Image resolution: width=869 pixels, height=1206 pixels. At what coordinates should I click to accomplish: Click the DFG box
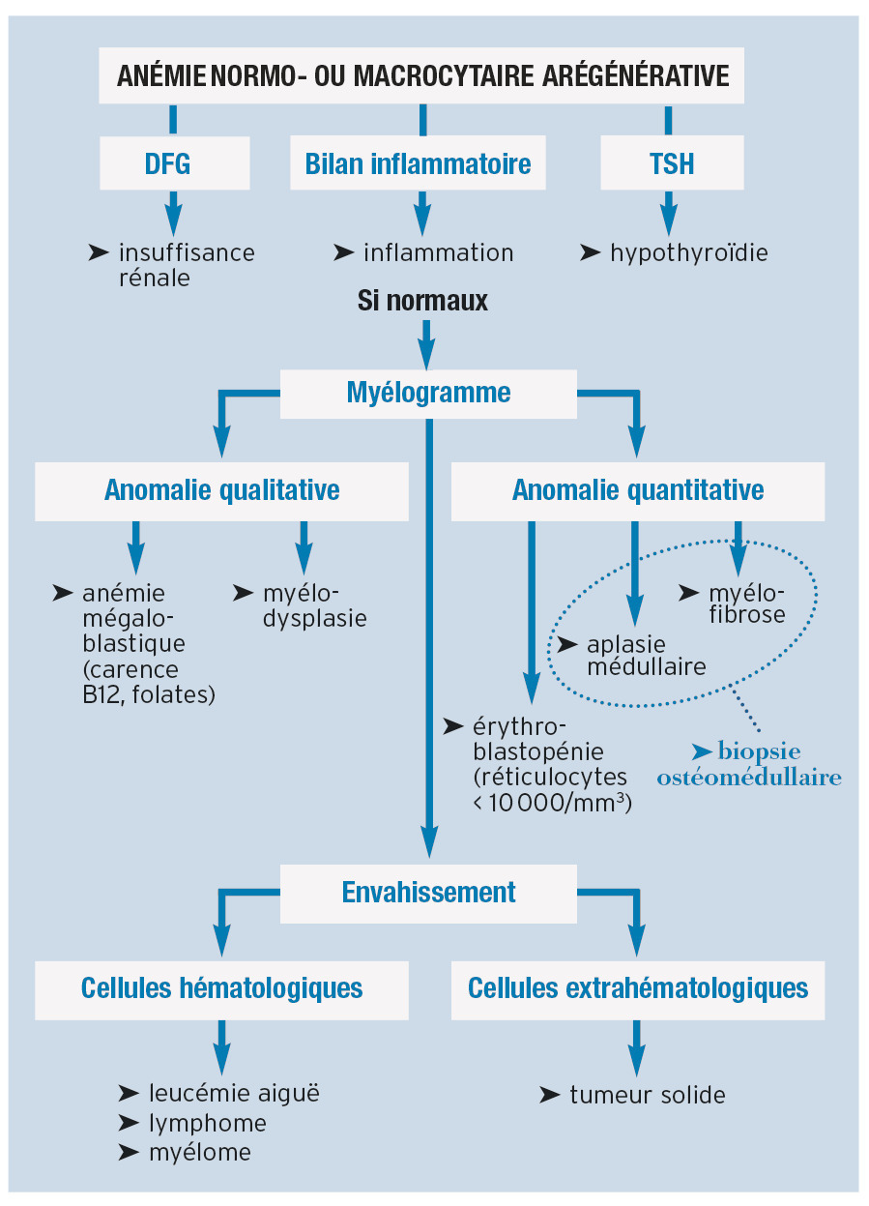(175, 163)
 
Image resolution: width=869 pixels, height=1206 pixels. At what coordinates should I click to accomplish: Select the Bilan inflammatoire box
(419, 163)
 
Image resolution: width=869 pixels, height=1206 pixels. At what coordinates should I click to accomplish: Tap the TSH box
(672, 163)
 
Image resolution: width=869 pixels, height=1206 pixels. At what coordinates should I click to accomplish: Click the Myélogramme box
(428, 393)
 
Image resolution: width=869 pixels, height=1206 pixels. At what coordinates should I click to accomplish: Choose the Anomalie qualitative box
(221, 490)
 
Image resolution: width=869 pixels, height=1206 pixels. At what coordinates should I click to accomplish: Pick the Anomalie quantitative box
(638, 490)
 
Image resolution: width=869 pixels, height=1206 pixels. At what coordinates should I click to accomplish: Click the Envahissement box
(428, 892)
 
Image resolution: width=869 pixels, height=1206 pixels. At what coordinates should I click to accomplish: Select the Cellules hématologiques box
(221, 988)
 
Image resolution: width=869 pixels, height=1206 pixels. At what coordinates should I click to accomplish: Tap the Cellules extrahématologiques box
(638, 988)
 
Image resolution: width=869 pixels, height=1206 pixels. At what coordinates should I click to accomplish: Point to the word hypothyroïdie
(688, 253)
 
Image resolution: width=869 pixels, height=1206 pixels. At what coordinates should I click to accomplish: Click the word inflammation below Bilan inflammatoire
(438, 253)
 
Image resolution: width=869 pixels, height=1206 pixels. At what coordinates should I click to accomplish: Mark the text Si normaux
(422, 301)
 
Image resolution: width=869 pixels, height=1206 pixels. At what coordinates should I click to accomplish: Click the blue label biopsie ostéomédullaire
(749, 764)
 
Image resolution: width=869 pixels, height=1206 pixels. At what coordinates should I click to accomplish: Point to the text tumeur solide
(647, 1095)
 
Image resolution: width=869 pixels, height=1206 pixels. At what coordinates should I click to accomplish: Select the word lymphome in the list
(208, 1123)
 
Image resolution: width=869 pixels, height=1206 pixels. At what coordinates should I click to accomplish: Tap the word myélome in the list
(200, 1152)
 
